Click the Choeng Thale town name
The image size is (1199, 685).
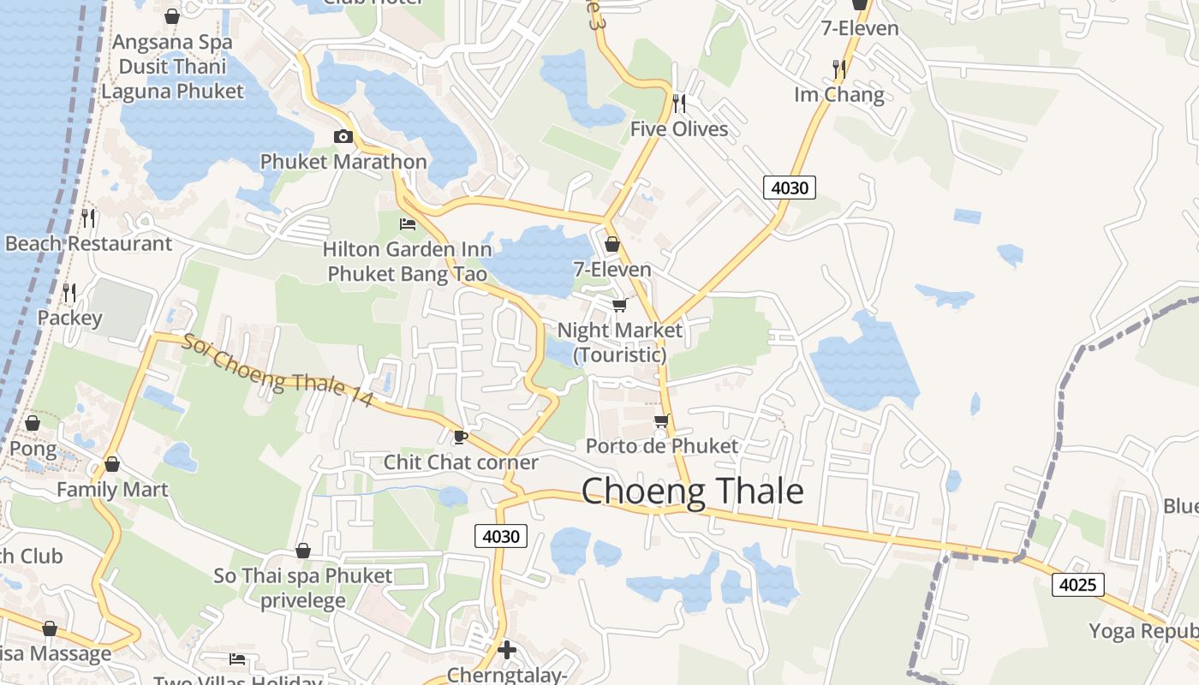(x=692, y=491)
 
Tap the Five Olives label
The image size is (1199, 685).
(x=679, y=129)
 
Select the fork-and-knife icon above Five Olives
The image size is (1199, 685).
(x=679, y=104)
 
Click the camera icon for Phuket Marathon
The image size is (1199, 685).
(x=343, y=137)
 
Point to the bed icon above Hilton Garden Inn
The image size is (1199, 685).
(x=408, y=224)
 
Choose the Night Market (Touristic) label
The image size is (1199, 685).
(x=619, y=342)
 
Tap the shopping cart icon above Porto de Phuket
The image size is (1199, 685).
(x=661, y=420)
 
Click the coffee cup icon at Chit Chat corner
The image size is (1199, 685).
(x=460, y=438)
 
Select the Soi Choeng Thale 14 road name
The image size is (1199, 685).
(x=277, y=370)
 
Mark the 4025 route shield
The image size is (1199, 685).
(x=1077, y=586)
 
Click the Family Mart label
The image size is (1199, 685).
(x=112, y=490)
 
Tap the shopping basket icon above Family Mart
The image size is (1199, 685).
(x=111, y=465)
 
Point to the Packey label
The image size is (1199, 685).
(x=69, y=319)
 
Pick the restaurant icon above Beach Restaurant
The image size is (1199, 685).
(x=88, y=218)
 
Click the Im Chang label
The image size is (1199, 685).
(x=838, y=94)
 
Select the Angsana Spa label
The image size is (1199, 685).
(x=172, y=42)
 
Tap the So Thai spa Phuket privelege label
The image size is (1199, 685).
(x=302, y=587)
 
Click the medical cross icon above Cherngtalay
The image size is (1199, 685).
(x=507, y=650)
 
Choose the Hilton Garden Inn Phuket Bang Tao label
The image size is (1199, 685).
(x=408, y=262)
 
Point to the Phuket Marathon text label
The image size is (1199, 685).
(x=343, y=162)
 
